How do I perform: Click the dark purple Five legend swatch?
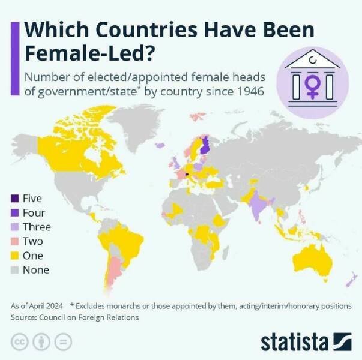coord(14,199)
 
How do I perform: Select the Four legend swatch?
coord(14,213)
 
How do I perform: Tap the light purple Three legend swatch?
coord(14,227)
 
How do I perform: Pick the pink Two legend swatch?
coord(14,241)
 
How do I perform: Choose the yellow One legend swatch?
coord(14,256)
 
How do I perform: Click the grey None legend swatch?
coord(14,270)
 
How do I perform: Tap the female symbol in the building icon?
coord(312,86)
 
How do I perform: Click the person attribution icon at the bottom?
coord(41,342)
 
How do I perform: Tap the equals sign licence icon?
coord(63,342)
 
